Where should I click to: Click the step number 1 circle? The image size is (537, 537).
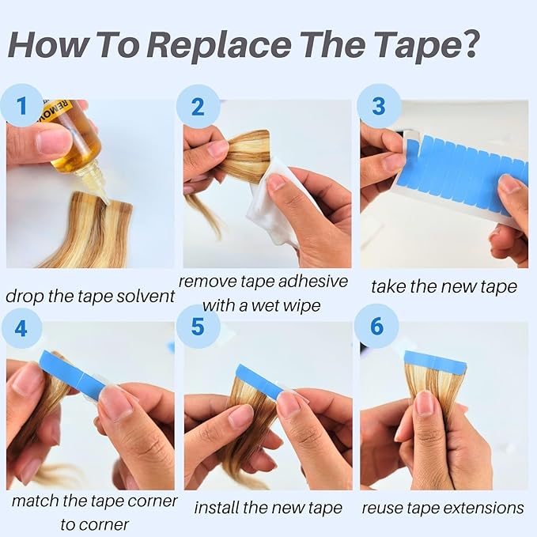coord(21,105)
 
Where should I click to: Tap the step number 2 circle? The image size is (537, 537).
coord(198,107)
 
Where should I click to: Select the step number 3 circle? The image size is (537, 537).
coord(379,106)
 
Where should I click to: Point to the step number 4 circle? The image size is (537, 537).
coord(21,327)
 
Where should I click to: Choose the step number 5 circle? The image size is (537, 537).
coord(199,327)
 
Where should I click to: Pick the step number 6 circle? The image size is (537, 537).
coord(376,326)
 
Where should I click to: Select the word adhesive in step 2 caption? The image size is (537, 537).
coord(312,282)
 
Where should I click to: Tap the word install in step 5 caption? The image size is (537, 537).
coord(217,508)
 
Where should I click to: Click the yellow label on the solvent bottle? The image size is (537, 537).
coord(57,109)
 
